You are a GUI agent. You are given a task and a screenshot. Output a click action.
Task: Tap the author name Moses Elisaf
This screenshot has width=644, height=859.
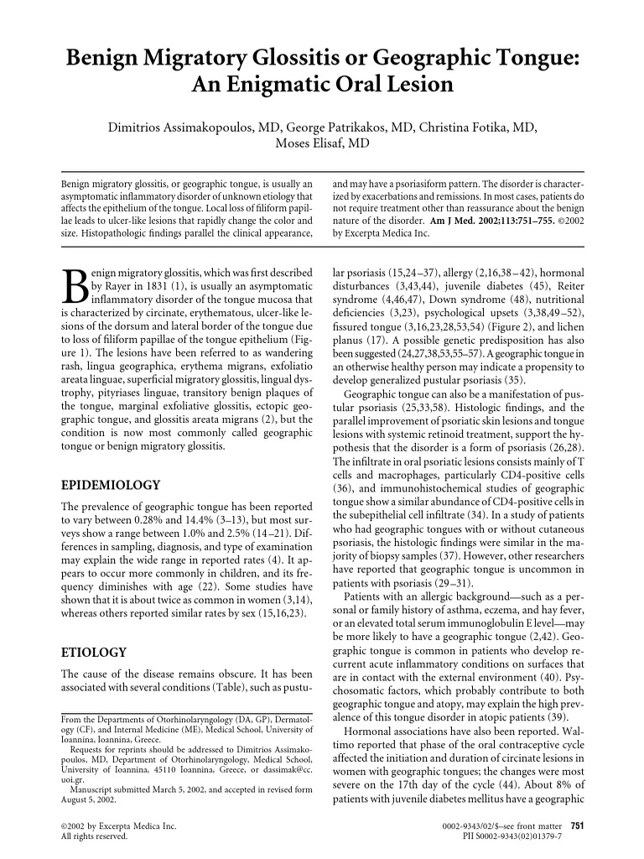coord(322,143)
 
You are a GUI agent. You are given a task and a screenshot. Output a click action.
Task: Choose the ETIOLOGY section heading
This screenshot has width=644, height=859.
coord(95,651)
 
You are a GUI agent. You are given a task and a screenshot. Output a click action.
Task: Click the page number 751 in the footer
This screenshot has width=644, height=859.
coord(578,825)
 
